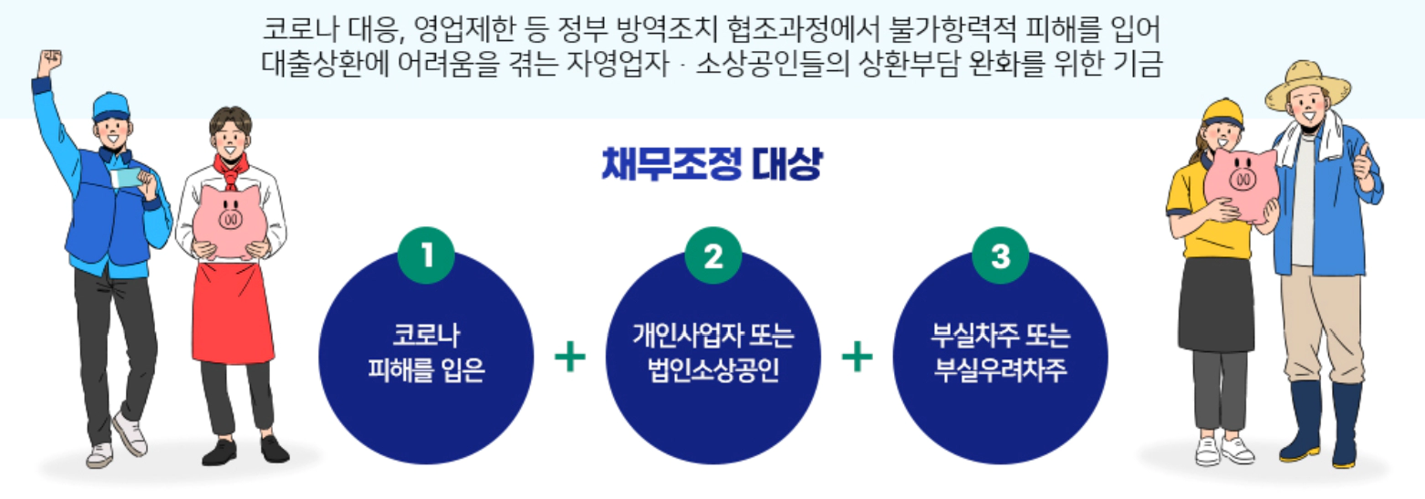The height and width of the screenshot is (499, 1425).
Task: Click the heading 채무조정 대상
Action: pyautogui.click(x=712, y=165)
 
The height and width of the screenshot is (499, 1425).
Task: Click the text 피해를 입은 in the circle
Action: pyautogui.click(x=425, y=371)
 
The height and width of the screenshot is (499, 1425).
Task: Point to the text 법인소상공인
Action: pyautogui.click(x=712, y=371)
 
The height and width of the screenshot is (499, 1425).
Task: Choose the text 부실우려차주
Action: pyautogui.click(x=1001, y=371)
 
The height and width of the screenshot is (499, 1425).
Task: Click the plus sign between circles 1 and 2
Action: pyautogui.click(x=570, y=356)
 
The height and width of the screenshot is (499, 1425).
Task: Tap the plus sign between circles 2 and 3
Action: pyautogui.click(x=857, y=356)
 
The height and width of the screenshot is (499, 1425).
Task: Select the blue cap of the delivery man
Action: pyautogui.click(x=110, y=107)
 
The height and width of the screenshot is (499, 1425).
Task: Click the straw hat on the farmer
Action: pyautogui.click(x=1306, y=82)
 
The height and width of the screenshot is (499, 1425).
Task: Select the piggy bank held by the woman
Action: pyautogui.click(x=1240, y=182)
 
